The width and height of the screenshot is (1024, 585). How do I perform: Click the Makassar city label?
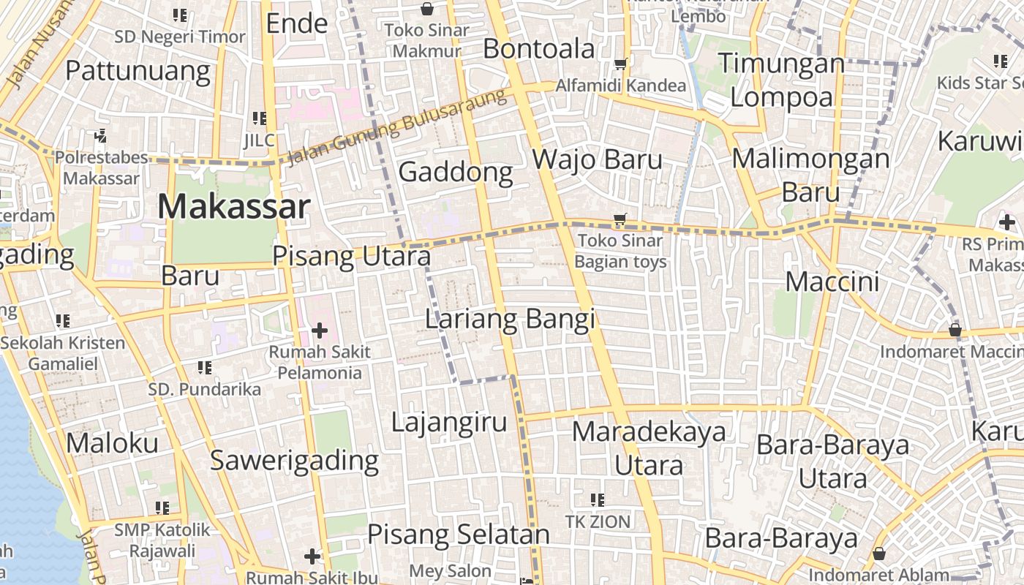tap(234, 207)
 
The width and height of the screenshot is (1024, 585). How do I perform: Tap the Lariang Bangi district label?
tap(510, 320)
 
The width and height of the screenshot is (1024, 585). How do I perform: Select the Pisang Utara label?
tap(351, 256)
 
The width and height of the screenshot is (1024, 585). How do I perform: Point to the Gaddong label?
tap(456, 173)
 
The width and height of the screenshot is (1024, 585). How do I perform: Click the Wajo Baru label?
tap(597, 159)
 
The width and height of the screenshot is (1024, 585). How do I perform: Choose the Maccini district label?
tap(832, 282)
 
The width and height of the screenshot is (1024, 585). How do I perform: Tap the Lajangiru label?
tap(448, 423)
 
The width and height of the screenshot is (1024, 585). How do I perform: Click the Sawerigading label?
tap(294, 461)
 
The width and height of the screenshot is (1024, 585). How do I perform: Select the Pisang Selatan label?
tap(458, 535)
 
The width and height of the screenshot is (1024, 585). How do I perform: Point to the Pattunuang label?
tap(138, 71)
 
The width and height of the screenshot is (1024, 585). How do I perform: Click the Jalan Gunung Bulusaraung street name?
tap(397, 129)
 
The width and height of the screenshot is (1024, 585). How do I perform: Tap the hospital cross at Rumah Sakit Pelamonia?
tap(319, 331)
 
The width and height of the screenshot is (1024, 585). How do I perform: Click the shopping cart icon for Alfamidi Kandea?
tap(621, 64)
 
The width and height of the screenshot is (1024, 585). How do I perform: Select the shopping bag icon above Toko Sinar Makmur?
tap(426, 9)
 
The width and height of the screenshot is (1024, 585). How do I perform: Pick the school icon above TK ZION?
tap(597, 499)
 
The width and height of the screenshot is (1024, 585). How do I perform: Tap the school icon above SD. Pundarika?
tap(204, 367)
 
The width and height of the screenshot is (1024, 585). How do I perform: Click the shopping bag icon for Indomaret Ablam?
tap(879, 554)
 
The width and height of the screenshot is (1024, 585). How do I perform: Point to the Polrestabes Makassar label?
tap(101, 167)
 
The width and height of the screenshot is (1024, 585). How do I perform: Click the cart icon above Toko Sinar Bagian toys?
tap(620, 219)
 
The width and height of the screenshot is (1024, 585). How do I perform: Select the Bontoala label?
tap(539, 49)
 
